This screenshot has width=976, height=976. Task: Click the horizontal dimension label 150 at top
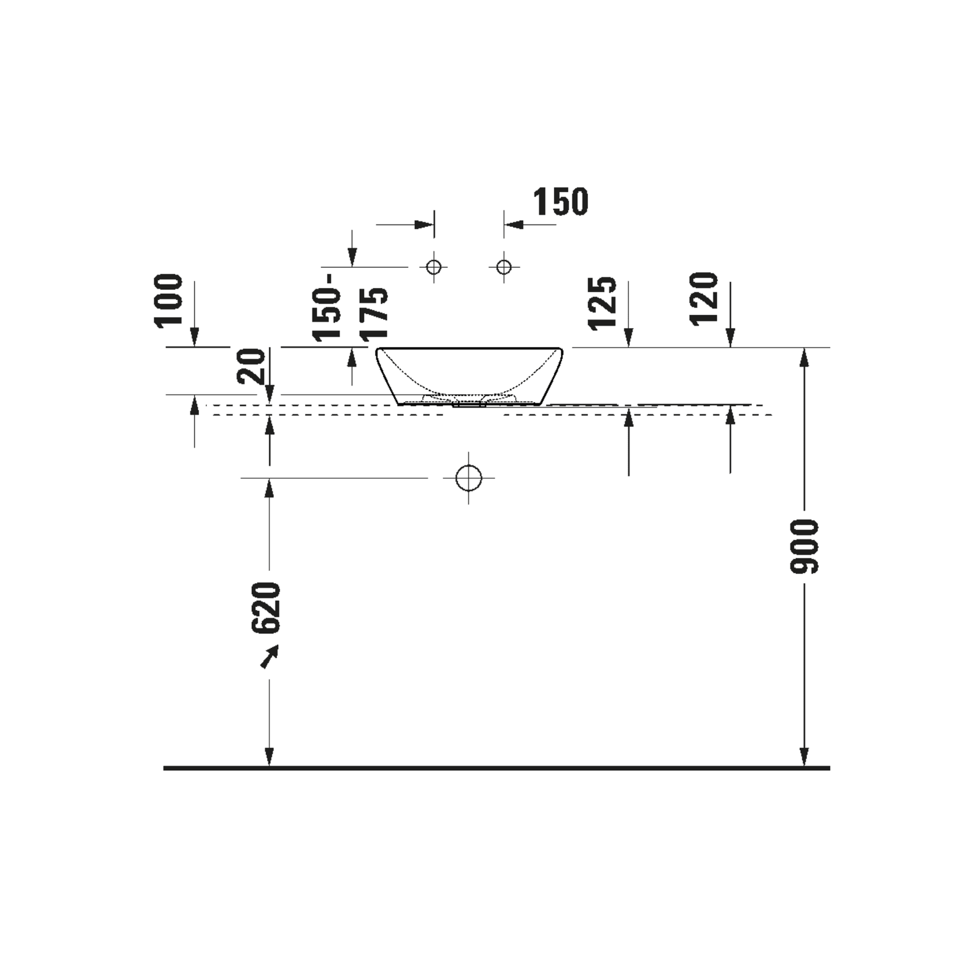561,202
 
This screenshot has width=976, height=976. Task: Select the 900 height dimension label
804,547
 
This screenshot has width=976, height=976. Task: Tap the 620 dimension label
267,608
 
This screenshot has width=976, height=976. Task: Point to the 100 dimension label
168,301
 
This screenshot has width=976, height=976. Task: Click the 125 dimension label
603,303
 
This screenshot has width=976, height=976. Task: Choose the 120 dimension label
705,299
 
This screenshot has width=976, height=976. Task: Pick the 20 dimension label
251,366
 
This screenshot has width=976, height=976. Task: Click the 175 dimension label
374,314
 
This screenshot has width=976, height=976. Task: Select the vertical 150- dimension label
326,307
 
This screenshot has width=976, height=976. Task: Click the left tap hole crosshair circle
434,267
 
